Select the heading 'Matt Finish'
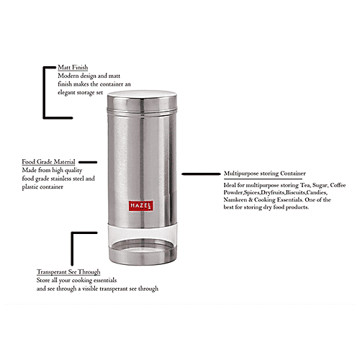[73, 66]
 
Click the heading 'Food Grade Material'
[50, 162]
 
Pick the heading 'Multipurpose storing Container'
[264, 174]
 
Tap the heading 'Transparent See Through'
[68, 271]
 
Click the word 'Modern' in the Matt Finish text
[70, 74]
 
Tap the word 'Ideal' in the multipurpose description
[232, 184]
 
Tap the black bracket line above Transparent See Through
[71, 248]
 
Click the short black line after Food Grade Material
[86, 162]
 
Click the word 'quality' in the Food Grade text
[104, 170]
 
